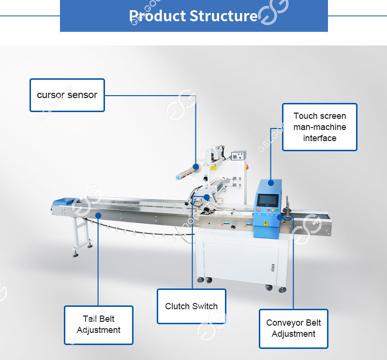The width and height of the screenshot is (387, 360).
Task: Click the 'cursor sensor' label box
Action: tap(67, 95)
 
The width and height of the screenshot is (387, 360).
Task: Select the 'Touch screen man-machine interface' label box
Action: tap(319, 127)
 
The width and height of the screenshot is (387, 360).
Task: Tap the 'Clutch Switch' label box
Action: tap(191, 306)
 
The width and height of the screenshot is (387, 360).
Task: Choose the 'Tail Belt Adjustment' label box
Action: tap(98, 325)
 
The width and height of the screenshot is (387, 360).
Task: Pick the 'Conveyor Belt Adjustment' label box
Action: tap(293, 329)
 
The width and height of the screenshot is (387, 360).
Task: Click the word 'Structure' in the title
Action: tap(223, 16)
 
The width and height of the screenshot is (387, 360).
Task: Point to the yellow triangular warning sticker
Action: tap(265, 223)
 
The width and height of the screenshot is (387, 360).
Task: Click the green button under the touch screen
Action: tap(272, 211)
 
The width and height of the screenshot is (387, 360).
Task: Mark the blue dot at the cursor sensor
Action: tap(196, 167)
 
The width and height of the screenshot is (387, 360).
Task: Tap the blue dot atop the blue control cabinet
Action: tap(271, 183)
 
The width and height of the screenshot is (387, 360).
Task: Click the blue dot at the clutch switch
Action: tap(207, 197)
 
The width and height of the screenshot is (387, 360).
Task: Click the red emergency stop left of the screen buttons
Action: tap(259, 211)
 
